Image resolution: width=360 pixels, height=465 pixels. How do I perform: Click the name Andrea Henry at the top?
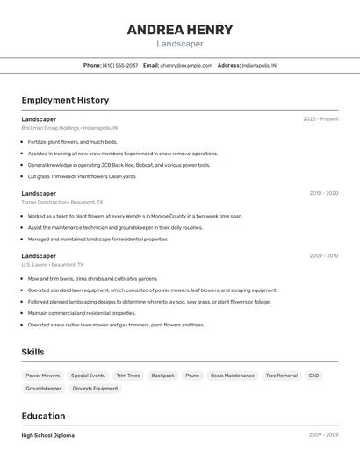pyautogui.click(x=180, y=30)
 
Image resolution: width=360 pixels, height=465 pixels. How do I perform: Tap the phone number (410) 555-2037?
pyautogui.click(x=120, y=65)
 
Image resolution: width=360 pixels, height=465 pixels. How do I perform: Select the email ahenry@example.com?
pyautogui.click(x=186, y=65)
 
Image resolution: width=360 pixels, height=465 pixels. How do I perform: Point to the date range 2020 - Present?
pyautogui.click(x=320, y=119)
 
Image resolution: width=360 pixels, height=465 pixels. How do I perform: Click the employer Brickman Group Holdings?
pyautogui.click(x=49, y=128)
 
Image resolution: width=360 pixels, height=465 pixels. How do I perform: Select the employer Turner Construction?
pyautogui.click(x=45, y=202)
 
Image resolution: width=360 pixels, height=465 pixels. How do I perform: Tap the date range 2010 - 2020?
pyautogui.click(x=323, y=193)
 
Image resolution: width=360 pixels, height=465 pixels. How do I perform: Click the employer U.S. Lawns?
pyautogui.click(x=34, y=265)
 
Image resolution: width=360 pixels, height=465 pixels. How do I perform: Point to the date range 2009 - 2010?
pyautogui.click(x=323, y=256)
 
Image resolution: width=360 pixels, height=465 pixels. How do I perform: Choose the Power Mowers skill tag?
pyautogui.click(x=43, y=376)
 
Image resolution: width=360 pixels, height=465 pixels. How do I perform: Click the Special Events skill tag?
pyautogui.click(x=88, y=376)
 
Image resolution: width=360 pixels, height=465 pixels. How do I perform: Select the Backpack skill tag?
pyautogui.click(x=162, y=376)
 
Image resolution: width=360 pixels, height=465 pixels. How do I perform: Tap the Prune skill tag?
pyautogui.click(x=192, y=376)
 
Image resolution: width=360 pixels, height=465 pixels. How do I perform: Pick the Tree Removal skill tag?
pyautogui.click(x=281, y=376)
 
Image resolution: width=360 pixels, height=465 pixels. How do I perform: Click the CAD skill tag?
pyautogui.click(x=313, y=376)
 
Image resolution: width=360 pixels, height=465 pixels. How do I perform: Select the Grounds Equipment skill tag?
pyautogui.click(x=95, y=389)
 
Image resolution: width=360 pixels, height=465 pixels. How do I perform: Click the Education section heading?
pyautogui.click(x=43, y=416)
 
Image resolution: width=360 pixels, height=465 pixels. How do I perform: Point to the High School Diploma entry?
pyautogui.click(x=47, y=435)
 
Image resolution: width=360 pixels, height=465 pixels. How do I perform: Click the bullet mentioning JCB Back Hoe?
pyautogui.click(x=119, y=165)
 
